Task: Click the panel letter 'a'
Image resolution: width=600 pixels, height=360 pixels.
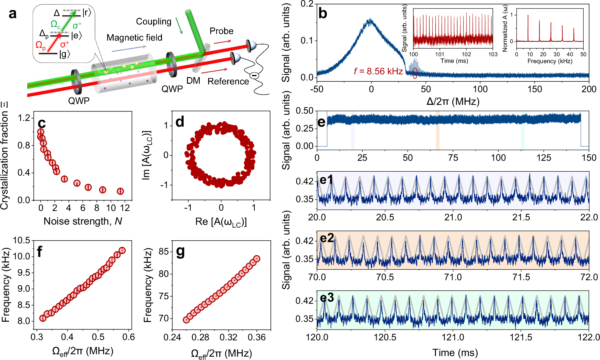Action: click(x=12, y=14)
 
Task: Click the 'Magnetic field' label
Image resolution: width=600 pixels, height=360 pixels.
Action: click(x=134, y=37)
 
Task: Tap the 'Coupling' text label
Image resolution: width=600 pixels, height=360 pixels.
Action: click(x=153, y=21)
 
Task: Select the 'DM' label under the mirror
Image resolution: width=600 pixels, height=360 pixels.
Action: click(x=193, y=81)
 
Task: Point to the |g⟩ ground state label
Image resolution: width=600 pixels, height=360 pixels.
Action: click(x=65, y=54)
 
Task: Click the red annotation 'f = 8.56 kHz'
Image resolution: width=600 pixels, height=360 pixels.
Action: click(x=378, y=71)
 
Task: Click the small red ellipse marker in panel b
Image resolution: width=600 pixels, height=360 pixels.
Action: click(x=415, y=73)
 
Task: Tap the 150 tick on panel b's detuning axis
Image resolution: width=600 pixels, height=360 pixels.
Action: click(x=534, y=89)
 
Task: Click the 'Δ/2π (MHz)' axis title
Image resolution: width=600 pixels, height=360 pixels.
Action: click(x=453, y=101)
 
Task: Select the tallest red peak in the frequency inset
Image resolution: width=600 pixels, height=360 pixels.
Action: click(x=528, y=16)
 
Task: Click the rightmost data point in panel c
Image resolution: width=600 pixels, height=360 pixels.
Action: click(x=120, y=191)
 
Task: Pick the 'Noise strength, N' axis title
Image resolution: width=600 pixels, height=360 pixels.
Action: click(x=82, y=221)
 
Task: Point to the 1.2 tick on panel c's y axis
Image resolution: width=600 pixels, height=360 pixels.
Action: click(x=24, y=118)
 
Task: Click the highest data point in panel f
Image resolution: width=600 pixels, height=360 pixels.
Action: click(x=122, y=250)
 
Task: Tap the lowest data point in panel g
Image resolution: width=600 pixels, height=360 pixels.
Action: click(x=186, y=320)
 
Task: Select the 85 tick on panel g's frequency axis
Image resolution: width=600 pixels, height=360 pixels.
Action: click(x=163, y=251)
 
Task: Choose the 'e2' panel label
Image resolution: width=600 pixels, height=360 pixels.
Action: click(x=327, y=238)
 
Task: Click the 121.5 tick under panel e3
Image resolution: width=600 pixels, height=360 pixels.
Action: click(x=521, y=337)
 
